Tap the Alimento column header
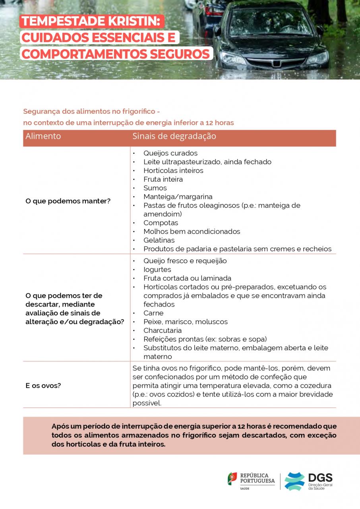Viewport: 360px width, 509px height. pyautogui.click(x=43, y=136)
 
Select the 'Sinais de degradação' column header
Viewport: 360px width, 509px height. pyautogui.click(x=174, y=136)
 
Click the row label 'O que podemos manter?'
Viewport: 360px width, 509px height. pyautogui.click(x=68, y=201)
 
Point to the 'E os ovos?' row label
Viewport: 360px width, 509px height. pyautogui.click(x=43, y=385)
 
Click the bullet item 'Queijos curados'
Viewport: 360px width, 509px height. pyautogui.click(x=170, y=153)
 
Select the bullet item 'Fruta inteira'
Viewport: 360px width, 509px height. pyautogui.click(x=163, y=179)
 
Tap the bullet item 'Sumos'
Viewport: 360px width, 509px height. pyautogui.click(x=155, y=188)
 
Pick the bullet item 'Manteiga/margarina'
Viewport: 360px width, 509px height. pyautogui.click(x=178, y=197)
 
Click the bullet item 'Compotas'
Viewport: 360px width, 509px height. pyautogui.click(x=161, y=223)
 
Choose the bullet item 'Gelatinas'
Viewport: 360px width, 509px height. pyautogui.click(x=159, y=240)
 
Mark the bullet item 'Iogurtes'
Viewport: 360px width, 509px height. pyautogui.click(x=157, y=270)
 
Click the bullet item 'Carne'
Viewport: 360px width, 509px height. pyautogui.click(x=153, y=313)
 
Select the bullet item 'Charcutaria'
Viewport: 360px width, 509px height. pyautogui.click(x=163, y=330)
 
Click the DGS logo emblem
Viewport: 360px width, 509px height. pyautogui.click(x=294, y=481)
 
